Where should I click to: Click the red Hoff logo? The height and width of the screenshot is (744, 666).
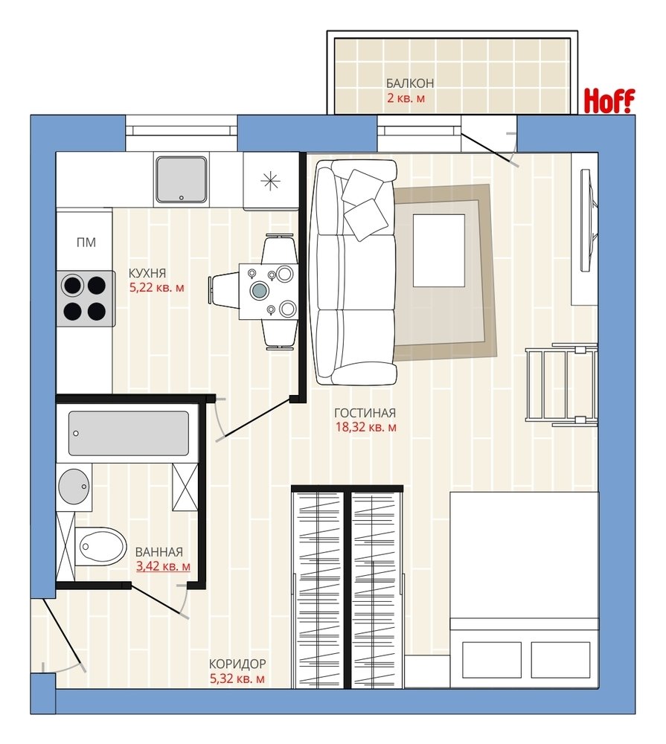(x=609, y=100)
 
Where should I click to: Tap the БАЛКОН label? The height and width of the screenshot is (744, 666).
(x=410, y=83)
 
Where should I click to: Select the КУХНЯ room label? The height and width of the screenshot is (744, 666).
(x=147, y=273)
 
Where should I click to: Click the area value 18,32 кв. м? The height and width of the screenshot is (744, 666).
(x=366, y=427)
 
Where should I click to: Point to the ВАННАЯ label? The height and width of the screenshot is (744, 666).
(x=159, y=552)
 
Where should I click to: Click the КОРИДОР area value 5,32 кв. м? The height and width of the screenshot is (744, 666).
(x=237, y=679)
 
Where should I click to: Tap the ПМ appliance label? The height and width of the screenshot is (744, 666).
(x=86, y=243)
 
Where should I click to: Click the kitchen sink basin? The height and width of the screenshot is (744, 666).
(x=181, y=179)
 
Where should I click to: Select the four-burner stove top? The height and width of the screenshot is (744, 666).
(x=86, y=298)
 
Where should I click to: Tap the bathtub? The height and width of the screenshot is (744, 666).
(x=128, y=434)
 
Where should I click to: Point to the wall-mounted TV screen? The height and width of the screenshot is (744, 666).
(x=589, y=221)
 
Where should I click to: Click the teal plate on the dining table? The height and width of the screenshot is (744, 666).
(x=260, y=290)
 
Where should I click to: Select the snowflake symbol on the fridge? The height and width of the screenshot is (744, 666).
(x=271, y=181)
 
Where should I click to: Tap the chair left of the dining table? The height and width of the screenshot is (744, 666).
(x=223, y=290)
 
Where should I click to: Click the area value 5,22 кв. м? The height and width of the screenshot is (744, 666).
(x=157, y=287)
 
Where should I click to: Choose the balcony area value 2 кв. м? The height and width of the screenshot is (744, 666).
(x=406, y=99)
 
